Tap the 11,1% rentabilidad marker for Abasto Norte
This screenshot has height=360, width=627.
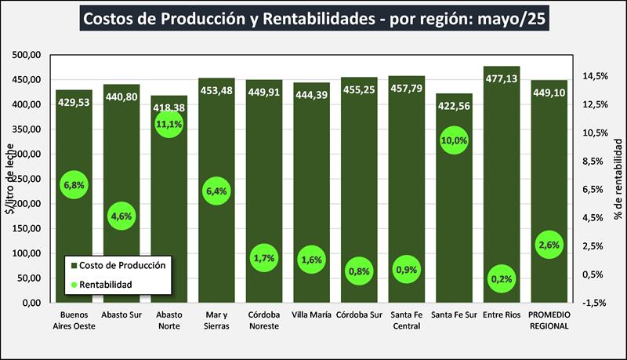point(169,124)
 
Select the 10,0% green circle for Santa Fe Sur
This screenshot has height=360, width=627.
point(455,140)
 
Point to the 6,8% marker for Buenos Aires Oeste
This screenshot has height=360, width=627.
point(74,185)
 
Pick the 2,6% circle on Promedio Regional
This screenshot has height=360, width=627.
point(549,245)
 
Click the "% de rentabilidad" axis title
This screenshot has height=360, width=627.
point(617,179)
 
